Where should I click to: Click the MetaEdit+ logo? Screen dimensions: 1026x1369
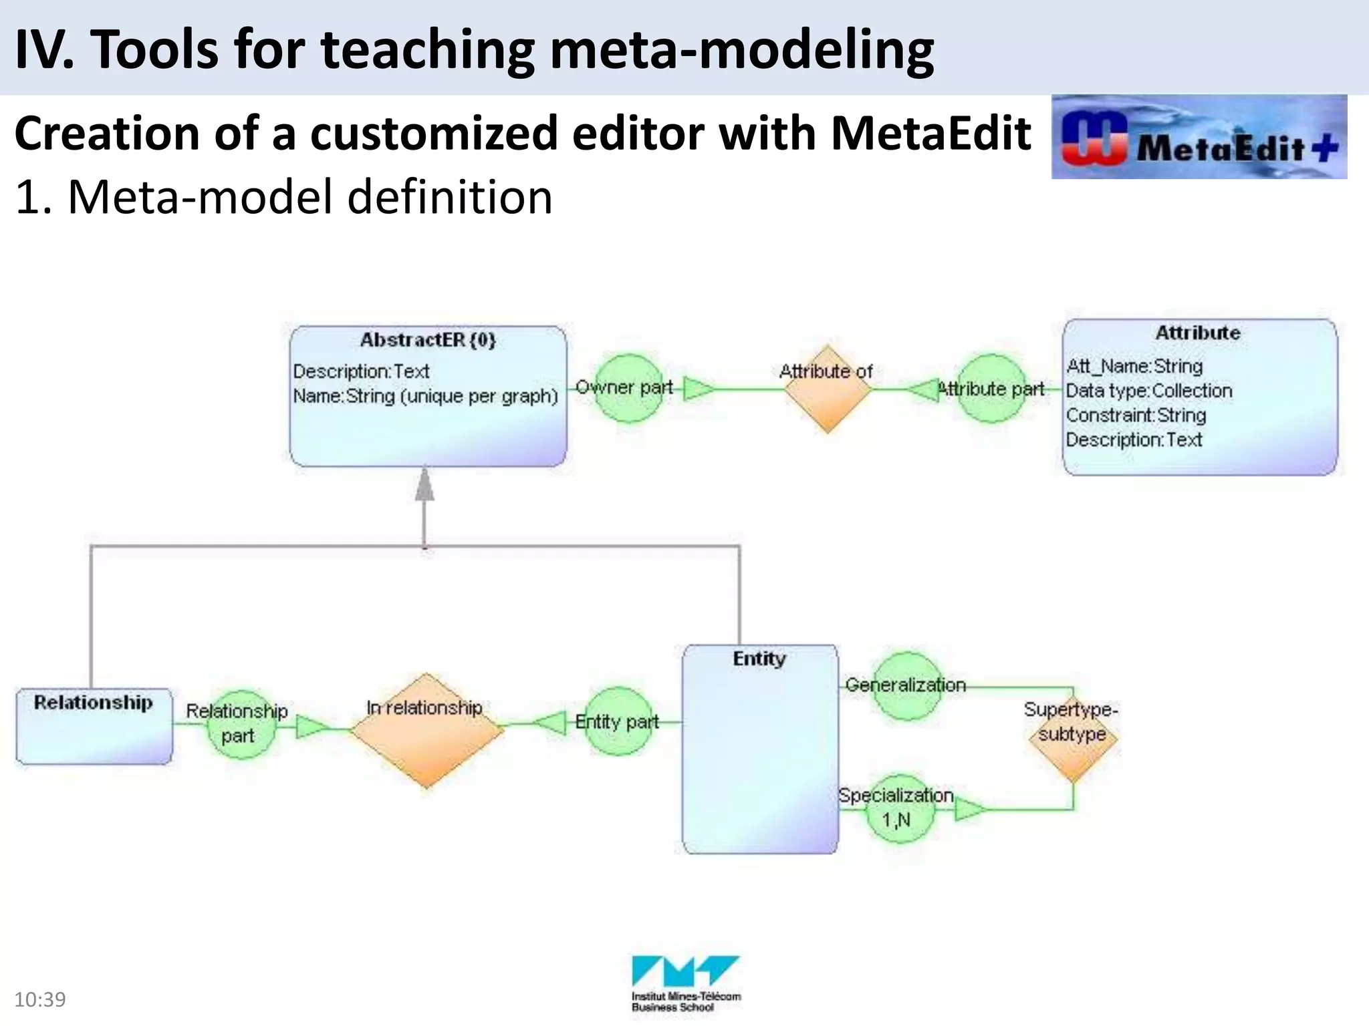pos(1199,137)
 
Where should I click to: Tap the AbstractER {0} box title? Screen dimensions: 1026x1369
pos(428,340)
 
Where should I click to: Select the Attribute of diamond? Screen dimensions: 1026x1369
pos(828,389)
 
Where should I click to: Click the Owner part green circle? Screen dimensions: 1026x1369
pos(628,388)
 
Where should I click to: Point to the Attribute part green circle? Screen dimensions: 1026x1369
pos(991,389)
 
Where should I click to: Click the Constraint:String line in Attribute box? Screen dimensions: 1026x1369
pos(1136,415)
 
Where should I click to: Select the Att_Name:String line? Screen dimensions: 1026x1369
pos(1134,366)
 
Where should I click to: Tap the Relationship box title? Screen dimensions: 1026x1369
pos(94,703)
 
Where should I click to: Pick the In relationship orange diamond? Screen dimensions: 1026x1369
pos(426,731)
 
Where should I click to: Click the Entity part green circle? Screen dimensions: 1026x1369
pos(618,721)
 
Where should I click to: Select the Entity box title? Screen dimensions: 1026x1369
pos(759,659)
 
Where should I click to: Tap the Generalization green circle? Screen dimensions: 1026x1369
pos(906,686)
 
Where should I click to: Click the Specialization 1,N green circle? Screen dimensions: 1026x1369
pos(899,809)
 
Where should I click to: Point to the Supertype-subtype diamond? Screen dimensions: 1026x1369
pos(1073,735)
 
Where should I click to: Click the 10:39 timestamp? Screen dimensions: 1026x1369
pos(40,999)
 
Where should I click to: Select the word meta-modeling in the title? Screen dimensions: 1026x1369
pos(742,50)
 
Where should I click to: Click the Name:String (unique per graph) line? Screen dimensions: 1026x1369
pos(425,396)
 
